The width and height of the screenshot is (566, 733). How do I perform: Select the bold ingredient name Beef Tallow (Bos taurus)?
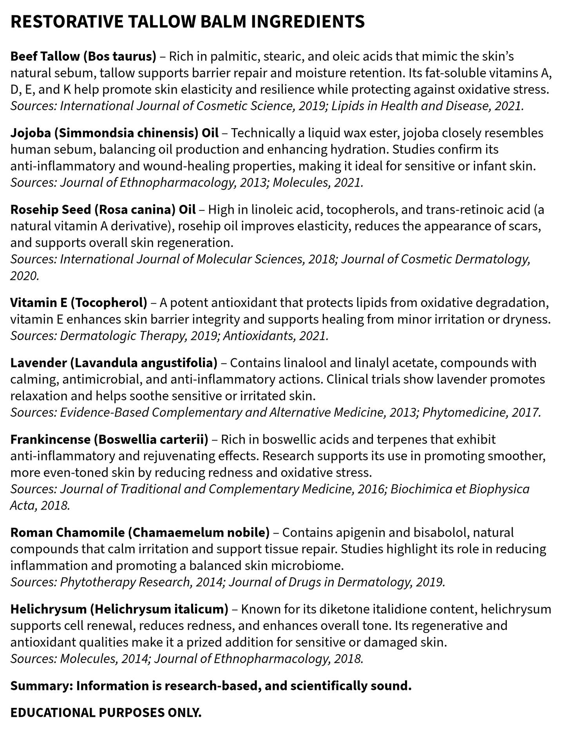tap(83, 56)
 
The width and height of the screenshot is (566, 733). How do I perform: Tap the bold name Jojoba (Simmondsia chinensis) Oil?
tap(114, 133)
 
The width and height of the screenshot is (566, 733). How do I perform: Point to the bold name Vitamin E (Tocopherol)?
tap(79, 303)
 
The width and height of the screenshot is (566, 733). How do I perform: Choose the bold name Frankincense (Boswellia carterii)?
tap(109, 440)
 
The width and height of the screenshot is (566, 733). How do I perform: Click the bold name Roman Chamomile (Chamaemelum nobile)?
tap(140, 533)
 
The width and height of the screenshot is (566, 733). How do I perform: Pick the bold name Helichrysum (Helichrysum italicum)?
tap(119, 609)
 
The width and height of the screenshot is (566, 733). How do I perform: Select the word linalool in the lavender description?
tap(305, 363)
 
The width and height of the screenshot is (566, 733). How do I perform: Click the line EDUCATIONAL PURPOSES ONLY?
tap(106, 713)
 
